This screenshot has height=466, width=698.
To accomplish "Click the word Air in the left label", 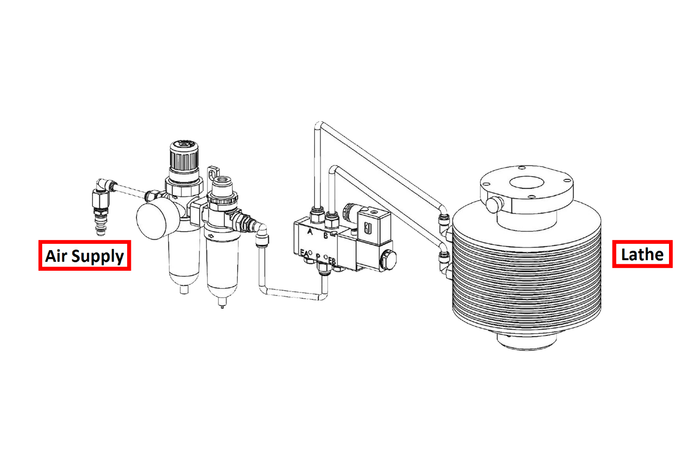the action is click(56, 256).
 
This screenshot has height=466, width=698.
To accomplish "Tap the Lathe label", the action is click(642, 254).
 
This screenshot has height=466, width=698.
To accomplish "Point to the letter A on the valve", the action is click(310, 232).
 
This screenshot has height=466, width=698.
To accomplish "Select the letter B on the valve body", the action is click(326, 236).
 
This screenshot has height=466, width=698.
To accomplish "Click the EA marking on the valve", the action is click(304, 253).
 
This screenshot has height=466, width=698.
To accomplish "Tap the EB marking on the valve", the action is click(332, 261).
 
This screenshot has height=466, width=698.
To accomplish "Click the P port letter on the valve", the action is click(318, 256).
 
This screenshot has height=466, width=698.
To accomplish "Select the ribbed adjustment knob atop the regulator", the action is click(184, 156).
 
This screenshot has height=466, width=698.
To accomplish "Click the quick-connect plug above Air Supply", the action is click(100, 225).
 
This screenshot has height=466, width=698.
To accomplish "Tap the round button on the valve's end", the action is click(388, 260).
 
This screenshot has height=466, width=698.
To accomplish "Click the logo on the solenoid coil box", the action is click(368, 229).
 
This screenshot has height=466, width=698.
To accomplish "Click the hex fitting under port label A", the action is click(317, 216).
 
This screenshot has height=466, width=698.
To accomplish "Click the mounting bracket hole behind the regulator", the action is click(213, 172).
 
